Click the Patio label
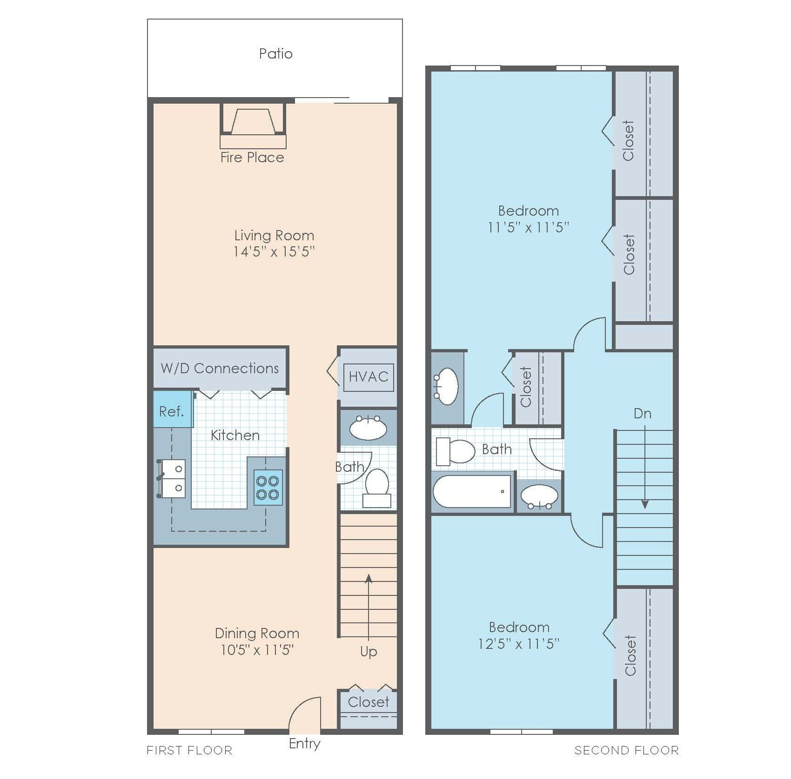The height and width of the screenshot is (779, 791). (275, 54)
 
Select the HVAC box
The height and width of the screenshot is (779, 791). (369, 376)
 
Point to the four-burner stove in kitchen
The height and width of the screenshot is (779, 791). (268, 487)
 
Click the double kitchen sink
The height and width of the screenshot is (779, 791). (173, 479)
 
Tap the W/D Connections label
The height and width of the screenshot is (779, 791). (220, 368)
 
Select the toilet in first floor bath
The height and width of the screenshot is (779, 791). (377, 487)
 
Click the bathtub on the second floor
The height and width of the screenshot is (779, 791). (472, 492)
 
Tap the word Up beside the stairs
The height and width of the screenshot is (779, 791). (369, 652)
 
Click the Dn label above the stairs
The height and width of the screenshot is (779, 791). (642, 414)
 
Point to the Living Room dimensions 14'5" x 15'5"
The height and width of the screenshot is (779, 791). (274, 252)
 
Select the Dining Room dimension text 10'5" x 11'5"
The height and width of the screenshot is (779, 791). (257, 650)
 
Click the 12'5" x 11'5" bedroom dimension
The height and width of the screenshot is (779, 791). (519, 644)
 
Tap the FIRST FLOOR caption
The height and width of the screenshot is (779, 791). (189, 750)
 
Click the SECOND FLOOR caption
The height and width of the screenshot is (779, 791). (626, 750)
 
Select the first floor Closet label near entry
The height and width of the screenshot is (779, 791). (368, 702)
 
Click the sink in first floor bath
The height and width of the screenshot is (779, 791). (368, 429)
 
